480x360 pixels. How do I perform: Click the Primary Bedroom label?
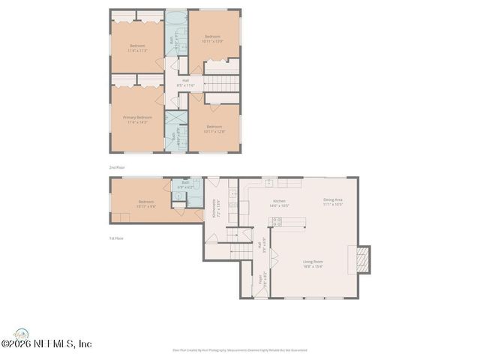[137, 118]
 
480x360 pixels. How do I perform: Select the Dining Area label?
[333, 201]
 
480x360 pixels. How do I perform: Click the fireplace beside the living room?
[361, 259]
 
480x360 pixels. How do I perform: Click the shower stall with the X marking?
[175, 120]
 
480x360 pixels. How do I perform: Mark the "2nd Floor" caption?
[117, 167]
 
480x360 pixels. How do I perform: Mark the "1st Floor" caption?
[115, 238]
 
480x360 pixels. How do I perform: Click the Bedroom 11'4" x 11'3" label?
[137, 49]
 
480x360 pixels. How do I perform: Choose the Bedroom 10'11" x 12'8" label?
[214, 128]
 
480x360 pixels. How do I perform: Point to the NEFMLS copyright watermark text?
[46, 343]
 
